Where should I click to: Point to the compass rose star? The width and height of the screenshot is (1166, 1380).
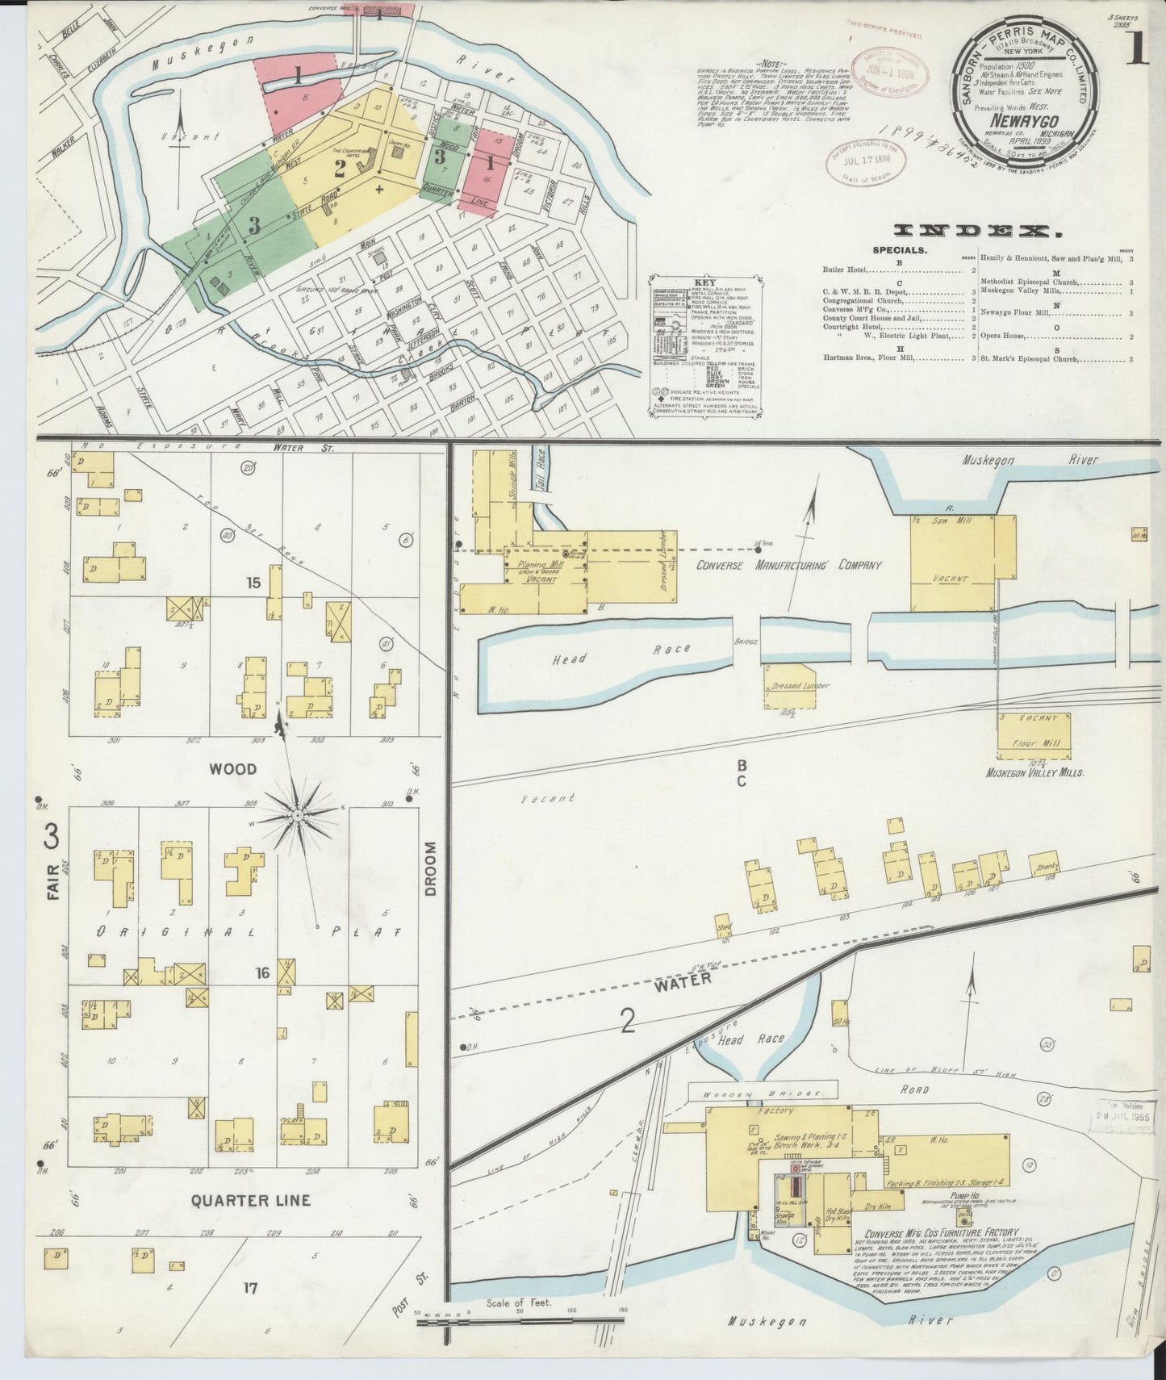pos(299,816)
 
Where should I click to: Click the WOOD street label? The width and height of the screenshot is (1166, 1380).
pos(232,769)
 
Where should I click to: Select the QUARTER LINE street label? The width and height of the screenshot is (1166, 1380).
pos(250,1200)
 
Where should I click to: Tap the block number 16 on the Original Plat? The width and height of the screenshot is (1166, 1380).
pos(262,973)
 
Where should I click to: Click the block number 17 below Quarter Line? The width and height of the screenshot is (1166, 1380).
pos(250,1289)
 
